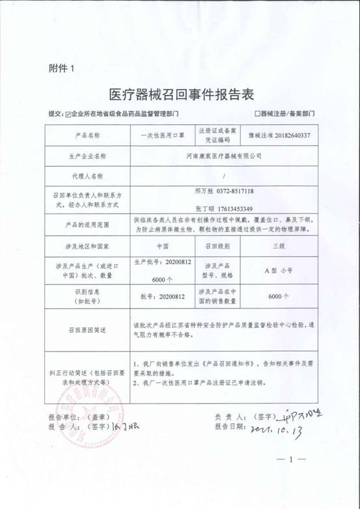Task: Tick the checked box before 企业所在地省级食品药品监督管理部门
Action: [x=68, y=113]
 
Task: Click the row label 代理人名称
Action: [x=87, y=176]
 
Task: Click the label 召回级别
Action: [x=220, y=247]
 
